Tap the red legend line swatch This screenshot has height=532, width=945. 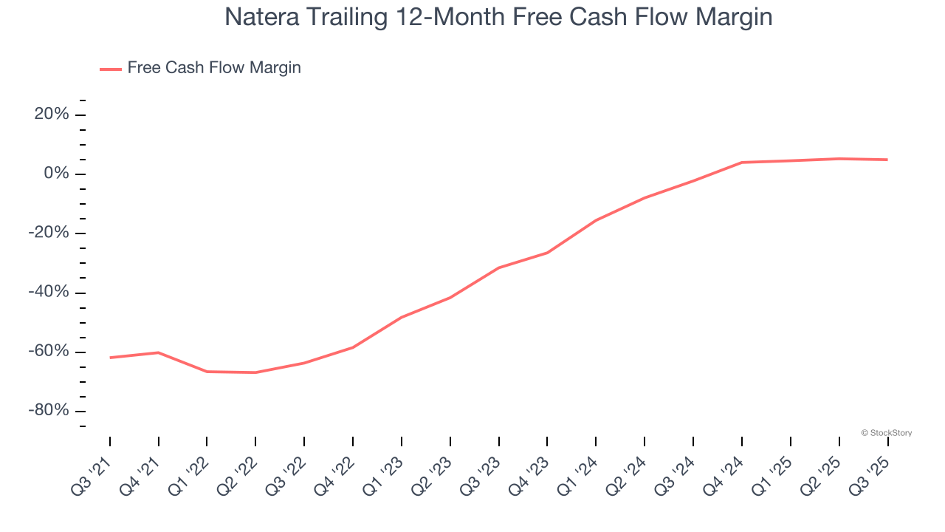[111, 69]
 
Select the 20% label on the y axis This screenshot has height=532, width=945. [51, 115]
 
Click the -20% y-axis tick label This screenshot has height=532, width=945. [49, 233]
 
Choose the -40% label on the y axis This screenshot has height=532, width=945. [49, 293]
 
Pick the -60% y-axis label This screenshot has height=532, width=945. [49, 352]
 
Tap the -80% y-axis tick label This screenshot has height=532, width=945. [49, 411]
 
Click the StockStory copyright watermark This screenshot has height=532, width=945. [886, 433]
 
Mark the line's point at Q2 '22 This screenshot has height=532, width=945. [255, 372]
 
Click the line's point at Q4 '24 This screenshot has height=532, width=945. [741, 163]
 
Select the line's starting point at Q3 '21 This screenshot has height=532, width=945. [110, 358]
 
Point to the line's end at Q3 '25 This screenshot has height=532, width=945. [887, 160]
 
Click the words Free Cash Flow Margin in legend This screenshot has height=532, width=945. [214, 68]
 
